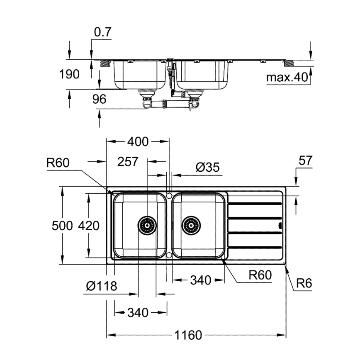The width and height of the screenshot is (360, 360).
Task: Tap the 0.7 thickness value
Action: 103,33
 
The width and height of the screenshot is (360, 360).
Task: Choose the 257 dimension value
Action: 127,161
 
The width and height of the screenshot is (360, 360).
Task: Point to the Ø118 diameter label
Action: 101,286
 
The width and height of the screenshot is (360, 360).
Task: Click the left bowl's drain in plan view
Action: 147,225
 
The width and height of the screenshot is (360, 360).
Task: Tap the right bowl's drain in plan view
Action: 191,225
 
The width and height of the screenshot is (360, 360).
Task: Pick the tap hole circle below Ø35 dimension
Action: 169,195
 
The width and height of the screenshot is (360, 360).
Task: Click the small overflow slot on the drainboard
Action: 280,226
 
